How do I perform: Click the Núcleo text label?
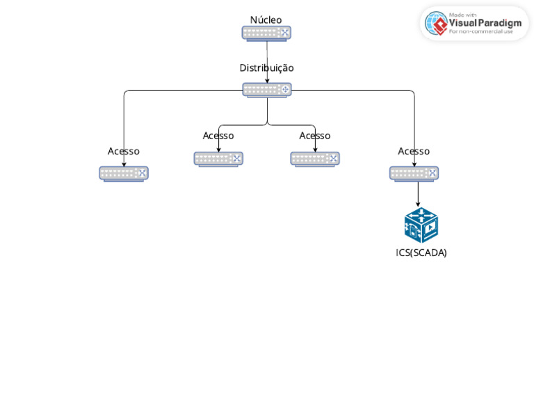(266, 19)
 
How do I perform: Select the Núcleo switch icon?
(266, 33)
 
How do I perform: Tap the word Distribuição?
(266, 67)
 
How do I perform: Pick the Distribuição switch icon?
(267, 90)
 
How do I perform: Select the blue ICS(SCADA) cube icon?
(421, 225)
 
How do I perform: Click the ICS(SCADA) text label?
(421, 253)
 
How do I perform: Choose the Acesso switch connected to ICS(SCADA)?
(414, 173)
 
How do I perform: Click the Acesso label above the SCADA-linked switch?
(414, 151)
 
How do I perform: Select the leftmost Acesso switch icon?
(124, 173)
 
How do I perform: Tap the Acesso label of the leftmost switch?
(124, 151)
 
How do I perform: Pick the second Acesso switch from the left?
(218, 159)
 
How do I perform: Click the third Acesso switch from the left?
(315, 159)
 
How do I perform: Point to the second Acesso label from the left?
(218, 135)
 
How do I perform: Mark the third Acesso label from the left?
(315, 135)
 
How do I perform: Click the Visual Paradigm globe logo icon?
(436, 23)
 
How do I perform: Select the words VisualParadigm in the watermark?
(485, 22)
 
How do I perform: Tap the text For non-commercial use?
(480, 31)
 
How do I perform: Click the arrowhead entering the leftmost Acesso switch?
(124, 164)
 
